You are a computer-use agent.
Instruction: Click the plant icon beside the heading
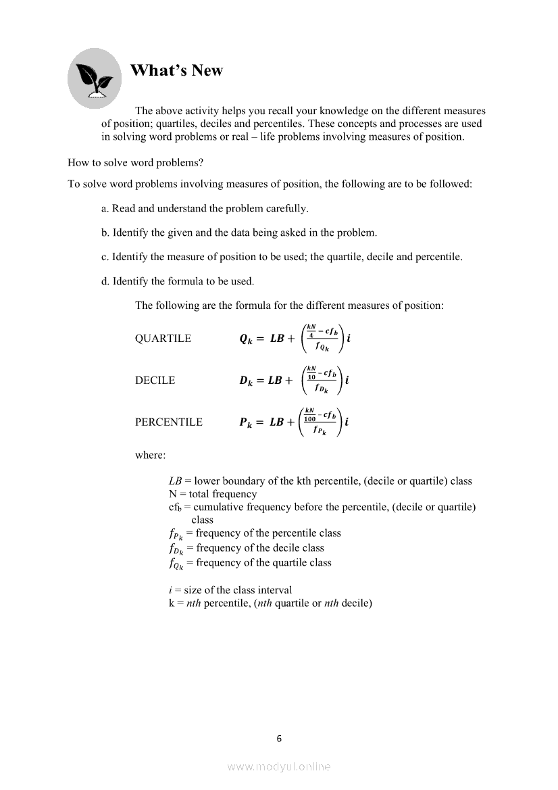point(95,78)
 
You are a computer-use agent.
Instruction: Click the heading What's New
point(176,70)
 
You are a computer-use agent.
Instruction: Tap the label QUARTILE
point(163,339)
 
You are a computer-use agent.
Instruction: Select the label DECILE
point(155,380)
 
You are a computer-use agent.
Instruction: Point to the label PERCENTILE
point(168,422)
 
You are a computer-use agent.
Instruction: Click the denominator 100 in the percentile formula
point(310,419)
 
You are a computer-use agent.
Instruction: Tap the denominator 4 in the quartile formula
point(311,335)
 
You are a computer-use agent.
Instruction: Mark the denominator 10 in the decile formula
point(311,377)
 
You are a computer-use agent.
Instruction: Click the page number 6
point(279,739)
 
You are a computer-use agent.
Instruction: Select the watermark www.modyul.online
point(279,766)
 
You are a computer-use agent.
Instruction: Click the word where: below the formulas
point(150,455)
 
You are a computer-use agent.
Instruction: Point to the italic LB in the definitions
point(175,481)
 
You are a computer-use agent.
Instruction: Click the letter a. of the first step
point(105,209)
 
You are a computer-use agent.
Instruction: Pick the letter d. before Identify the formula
point(105,281)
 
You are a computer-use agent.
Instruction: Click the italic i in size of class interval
point(170,590)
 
